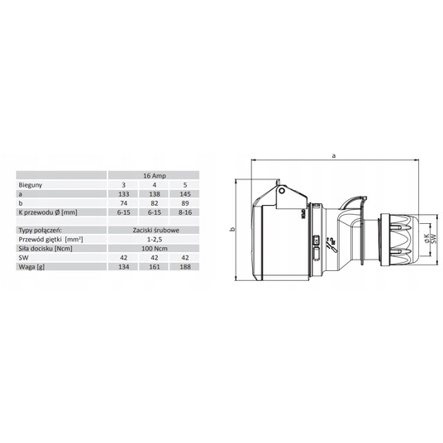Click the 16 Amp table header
click(155, 176)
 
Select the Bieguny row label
click(31, 185)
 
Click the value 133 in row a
click(124, 194)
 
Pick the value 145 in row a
click(185, 194)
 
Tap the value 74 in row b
click(124, 203)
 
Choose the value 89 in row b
click(185, 203)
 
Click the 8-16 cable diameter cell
click(185, 212)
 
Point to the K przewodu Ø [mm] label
click(48, 212)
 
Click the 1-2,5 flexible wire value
click(155, 240)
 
